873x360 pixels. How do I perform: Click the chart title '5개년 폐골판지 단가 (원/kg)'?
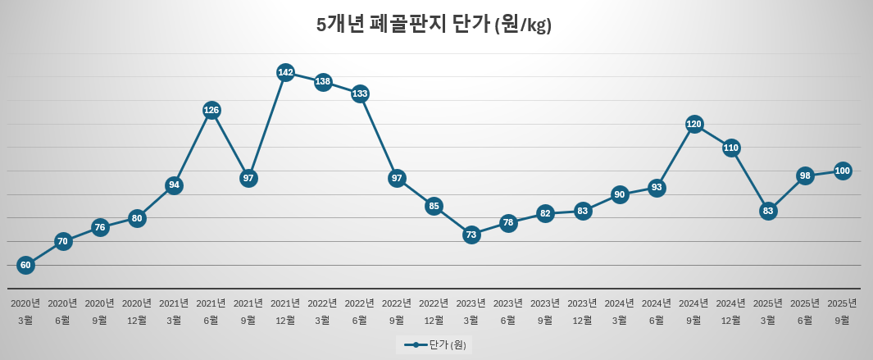pyautogui.click(x=434, y=25)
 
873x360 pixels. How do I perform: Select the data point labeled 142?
pyautogui.click(x=285, y=72)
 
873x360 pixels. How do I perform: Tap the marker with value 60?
pyautogui.click(x=25, y=265)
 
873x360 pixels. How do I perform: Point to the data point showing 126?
pyautogui.click(x=211, y=110)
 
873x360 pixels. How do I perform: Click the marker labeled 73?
pyautogui.click(x=471, y=235)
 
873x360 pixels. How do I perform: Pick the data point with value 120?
pyautogui.click(x=693, y=124)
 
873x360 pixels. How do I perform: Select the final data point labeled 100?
pyautogui.click(x=842, y=171)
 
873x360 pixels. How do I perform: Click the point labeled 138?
pyautogui.click(x=323, y=81)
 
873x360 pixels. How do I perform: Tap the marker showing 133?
pyautogui.click(x=360, y=93)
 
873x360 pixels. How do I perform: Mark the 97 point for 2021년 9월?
pyautogui.click(x=249, y=178)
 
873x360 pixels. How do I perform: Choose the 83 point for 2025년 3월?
pyautogui.click(x=768, y=211)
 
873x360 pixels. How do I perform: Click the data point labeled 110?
pyautogui.click(x=731, y=148)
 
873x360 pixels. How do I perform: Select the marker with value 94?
pyautogui.click(x=174, y=185)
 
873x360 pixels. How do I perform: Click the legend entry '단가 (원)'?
pyautogui.click(x=434, y=344)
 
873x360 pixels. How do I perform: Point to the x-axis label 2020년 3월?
pyautogui.click(x=25, y=311)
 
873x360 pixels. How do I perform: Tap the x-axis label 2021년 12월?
pyautogui.click(x=285, y=311)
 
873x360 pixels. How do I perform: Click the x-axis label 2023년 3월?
pyautogui.click(x=471, y=311)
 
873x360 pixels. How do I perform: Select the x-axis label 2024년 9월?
pyautogui.click(x=693, y=311)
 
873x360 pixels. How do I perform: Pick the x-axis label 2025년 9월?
pyautogui.click(x=842, y=311)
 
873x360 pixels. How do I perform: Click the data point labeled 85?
pyautogui.click(x=434, y=206)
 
